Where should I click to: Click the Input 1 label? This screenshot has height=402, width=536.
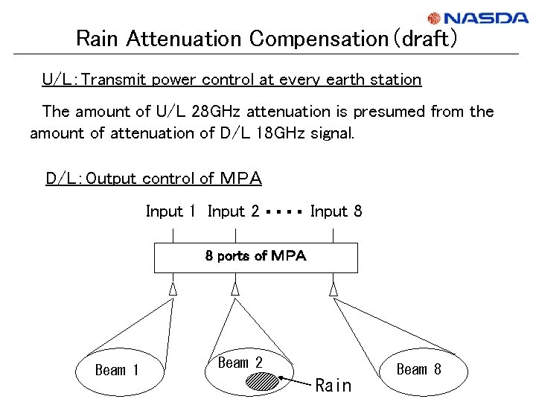170,211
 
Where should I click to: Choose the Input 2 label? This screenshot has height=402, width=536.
233,211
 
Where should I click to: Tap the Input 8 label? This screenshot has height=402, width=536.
336,211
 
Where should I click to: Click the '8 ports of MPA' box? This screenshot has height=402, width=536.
255,257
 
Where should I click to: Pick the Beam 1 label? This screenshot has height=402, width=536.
117,370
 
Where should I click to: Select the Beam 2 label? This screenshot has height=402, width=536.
240,363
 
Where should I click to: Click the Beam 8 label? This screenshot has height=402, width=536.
418,369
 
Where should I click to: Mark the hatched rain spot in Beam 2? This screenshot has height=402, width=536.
263,381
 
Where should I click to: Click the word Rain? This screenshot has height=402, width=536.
333,386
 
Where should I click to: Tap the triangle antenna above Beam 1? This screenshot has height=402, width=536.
173,288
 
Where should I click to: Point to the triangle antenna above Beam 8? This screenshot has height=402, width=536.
334,288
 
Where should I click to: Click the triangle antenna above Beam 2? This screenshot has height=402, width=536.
235,288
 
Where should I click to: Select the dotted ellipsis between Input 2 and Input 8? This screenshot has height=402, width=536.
284,212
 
